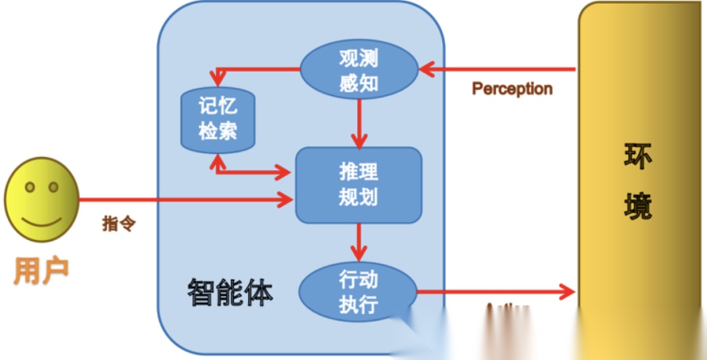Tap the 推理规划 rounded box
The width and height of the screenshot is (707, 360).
pyautogui.click(x=358, y=185)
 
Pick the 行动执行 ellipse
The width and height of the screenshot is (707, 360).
pyautogui.click(x=358, y=293)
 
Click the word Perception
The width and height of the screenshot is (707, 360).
pyautogui.click(x=512, y=88)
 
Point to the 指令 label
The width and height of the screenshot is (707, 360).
pyautogui.click(x=118, y=224)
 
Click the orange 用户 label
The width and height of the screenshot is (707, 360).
pyautogui.click(x=41, y=270)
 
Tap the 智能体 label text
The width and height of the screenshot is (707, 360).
pyautogui.click(x=230, y=292)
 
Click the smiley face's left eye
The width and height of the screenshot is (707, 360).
pyautogui.click(x=29, y=188)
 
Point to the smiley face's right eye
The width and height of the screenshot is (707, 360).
pyautogui.click(x=53, y=188)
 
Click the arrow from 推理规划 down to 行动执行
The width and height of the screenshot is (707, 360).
pyautogui.click(x=358, y=242)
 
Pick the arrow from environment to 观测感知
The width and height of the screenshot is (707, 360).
pyautogui.click(x=498, y=69)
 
